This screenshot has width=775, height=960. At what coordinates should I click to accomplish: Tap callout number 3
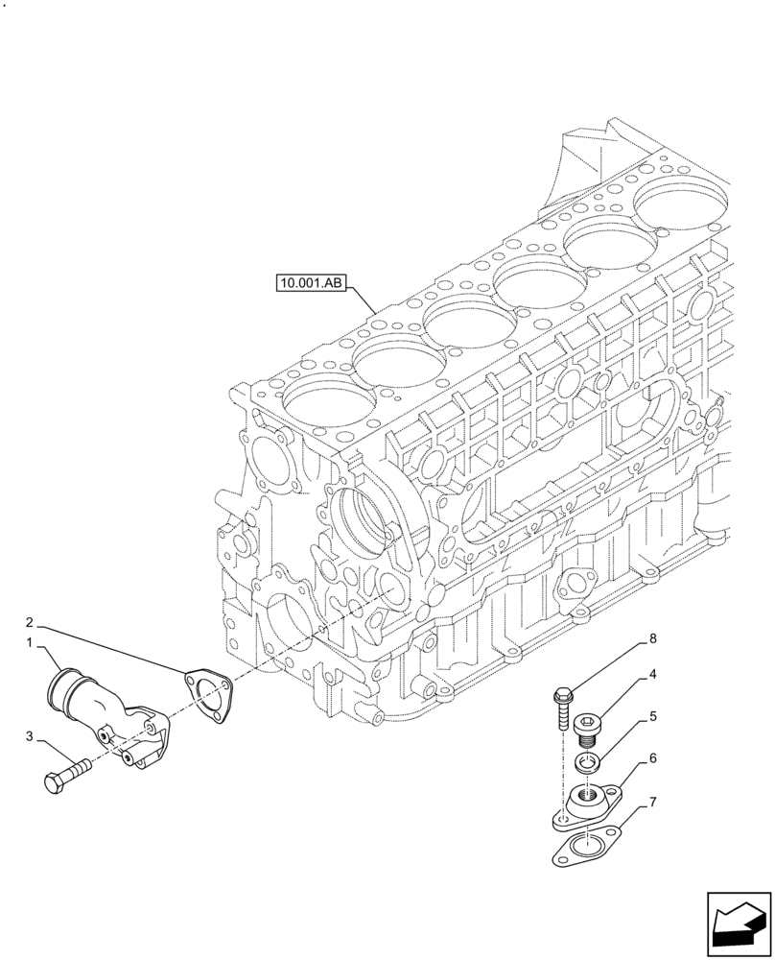[30, 736]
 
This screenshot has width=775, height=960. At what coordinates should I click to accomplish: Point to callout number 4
[652, 675]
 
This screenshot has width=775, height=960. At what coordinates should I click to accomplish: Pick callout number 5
[652, 716]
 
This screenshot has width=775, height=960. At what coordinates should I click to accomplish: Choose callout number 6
[652, 758]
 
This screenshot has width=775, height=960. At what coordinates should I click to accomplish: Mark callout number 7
[652, 800]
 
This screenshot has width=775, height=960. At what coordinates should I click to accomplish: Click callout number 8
[652, 638]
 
